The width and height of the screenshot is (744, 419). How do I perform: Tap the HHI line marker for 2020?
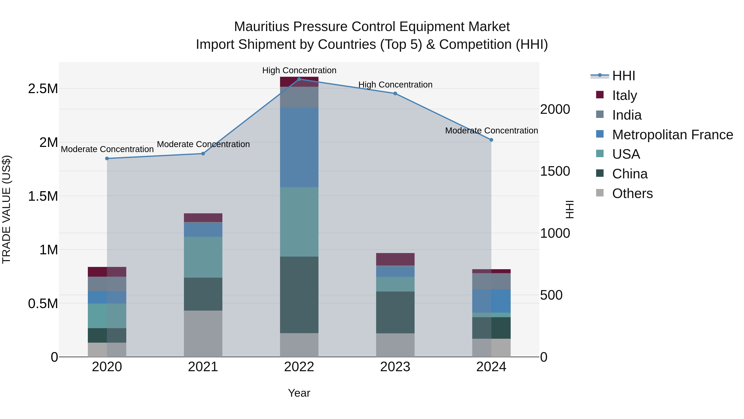click(107, 158)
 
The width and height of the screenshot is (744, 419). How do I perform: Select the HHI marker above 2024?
click(491, 140)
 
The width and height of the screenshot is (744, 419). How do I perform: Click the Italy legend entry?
click(624, 95)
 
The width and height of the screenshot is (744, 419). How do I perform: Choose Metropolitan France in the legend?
click(672, 135)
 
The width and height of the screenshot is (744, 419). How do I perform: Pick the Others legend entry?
click(632, 193)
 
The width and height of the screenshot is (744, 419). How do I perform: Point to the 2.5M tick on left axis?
click(43, 89)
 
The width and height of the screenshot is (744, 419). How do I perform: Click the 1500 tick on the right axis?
click(555, 171)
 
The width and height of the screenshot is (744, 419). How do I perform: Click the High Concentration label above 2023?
click(395, 85)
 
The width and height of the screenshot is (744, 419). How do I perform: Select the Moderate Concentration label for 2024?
click(491, 131)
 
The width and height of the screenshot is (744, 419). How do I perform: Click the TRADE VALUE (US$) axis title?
click(6, 209)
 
